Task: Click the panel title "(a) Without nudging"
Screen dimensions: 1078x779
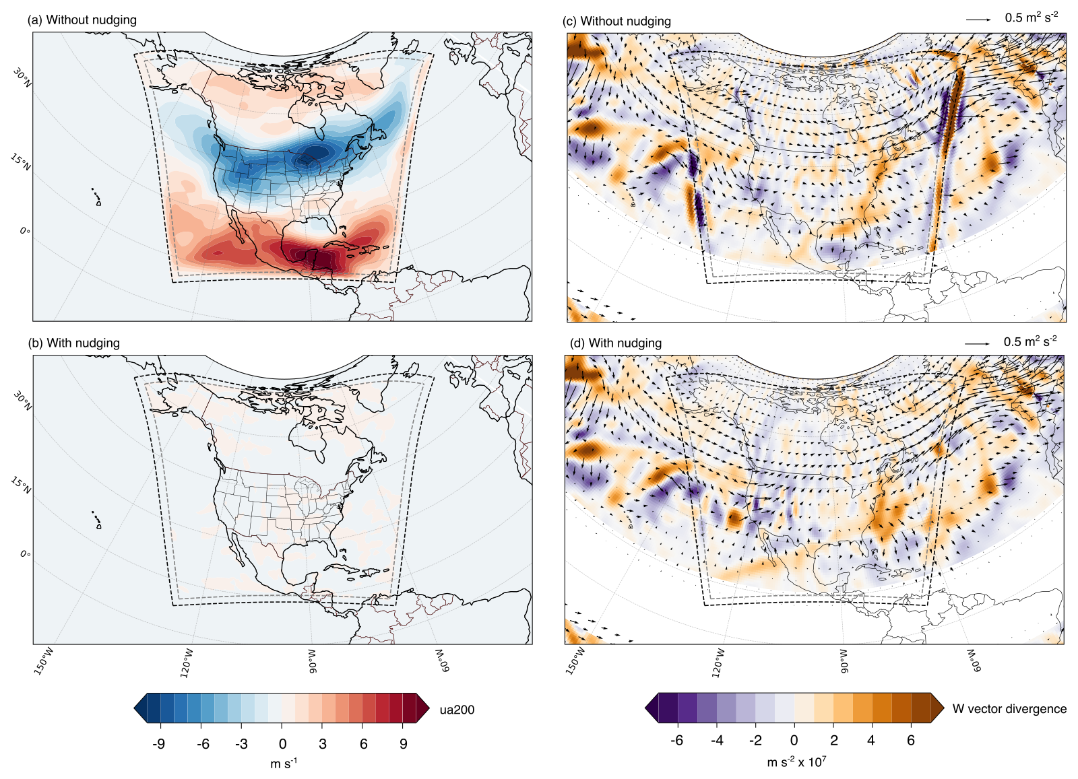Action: (82, 20)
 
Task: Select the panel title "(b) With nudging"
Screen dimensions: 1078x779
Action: (73, 343)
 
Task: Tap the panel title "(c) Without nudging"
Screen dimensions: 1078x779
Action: (616, 21)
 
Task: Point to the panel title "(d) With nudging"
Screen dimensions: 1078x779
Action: (616, 343)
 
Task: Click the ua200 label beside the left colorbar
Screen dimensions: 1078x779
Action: (457, 710)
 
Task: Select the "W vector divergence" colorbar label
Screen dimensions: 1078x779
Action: (1009, 709)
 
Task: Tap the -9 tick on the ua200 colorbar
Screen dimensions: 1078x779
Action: (158, 744)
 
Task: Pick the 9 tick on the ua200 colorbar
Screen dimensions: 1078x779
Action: (404, 744)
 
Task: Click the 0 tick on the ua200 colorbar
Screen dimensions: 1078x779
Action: (282, 744)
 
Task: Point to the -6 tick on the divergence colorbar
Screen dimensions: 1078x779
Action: (676, 740)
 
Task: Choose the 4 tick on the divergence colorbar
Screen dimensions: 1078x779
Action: (871, 740)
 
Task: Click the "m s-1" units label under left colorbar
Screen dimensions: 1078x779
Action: (284, 763)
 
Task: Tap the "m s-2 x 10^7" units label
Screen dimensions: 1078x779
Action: (796, 761)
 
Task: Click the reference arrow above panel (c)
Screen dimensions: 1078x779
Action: (978, 20)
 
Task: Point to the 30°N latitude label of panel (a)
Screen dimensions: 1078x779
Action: (22, 77)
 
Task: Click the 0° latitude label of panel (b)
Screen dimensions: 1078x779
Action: (25, 554)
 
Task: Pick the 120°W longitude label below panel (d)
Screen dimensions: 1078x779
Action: (718, 663)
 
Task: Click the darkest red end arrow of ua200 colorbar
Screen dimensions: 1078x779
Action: (422, 708)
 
